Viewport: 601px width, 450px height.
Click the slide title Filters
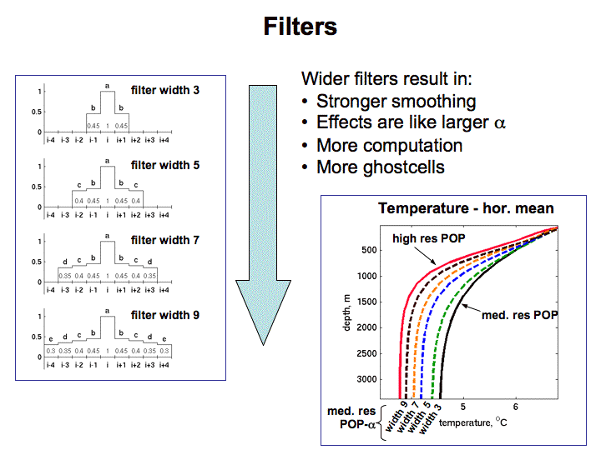coord(300,26)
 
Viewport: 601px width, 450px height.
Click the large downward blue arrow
coord(262,208)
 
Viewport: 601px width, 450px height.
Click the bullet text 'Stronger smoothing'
coord(396,102)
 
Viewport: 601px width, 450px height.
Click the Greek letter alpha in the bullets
coord(500,124)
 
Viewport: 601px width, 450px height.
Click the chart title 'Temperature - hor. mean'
coord(466,208)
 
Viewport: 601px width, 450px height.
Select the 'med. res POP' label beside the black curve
coord(520,315)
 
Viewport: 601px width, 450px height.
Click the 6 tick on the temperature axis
coord(517,407)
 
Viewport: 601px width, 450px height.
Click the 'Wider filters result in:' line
coord(386,80)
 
